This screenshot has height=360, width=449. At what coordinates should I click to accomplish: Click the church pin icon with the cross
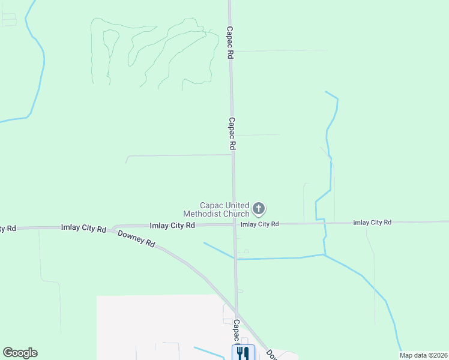259,209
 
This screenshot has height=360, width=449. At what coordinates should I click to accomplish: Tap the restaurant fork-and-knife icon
243,352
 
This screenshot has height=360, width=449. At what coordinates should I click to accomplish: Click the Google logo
20,353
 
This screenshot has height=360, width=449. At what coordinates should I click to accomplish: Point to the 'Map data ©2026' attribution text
423,355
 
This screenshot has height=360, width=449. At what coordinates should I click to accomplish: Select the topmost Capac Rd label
229,42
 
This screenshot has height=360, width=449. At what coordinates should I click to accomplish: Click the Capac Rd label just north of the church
231,133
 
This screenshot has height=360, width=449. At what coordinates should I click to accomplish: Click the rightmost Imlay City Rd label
372,223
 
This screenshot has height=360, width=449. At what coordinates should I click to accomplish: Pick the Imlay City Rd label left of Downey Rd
83,228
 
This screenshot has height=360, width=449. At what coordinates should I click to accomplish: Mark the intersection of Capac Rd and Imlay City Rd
234,225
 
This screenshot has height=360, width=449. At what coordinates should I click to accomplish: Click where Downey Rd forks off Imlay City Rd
112,229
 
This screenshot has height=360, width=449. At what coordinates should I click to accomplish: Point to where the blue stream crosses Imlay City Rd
324,223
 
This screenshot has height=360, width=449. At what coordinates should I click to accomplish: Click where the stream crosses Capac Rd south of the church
235,259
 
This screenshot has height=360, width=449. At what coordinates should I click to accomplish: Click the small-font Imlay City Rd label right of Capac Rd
259,224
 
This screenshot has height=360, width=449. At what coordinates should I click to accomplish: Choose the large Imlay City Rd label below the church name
172,226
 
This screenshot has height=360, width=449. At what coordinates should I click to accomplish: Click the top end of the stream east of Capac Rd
326,92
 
